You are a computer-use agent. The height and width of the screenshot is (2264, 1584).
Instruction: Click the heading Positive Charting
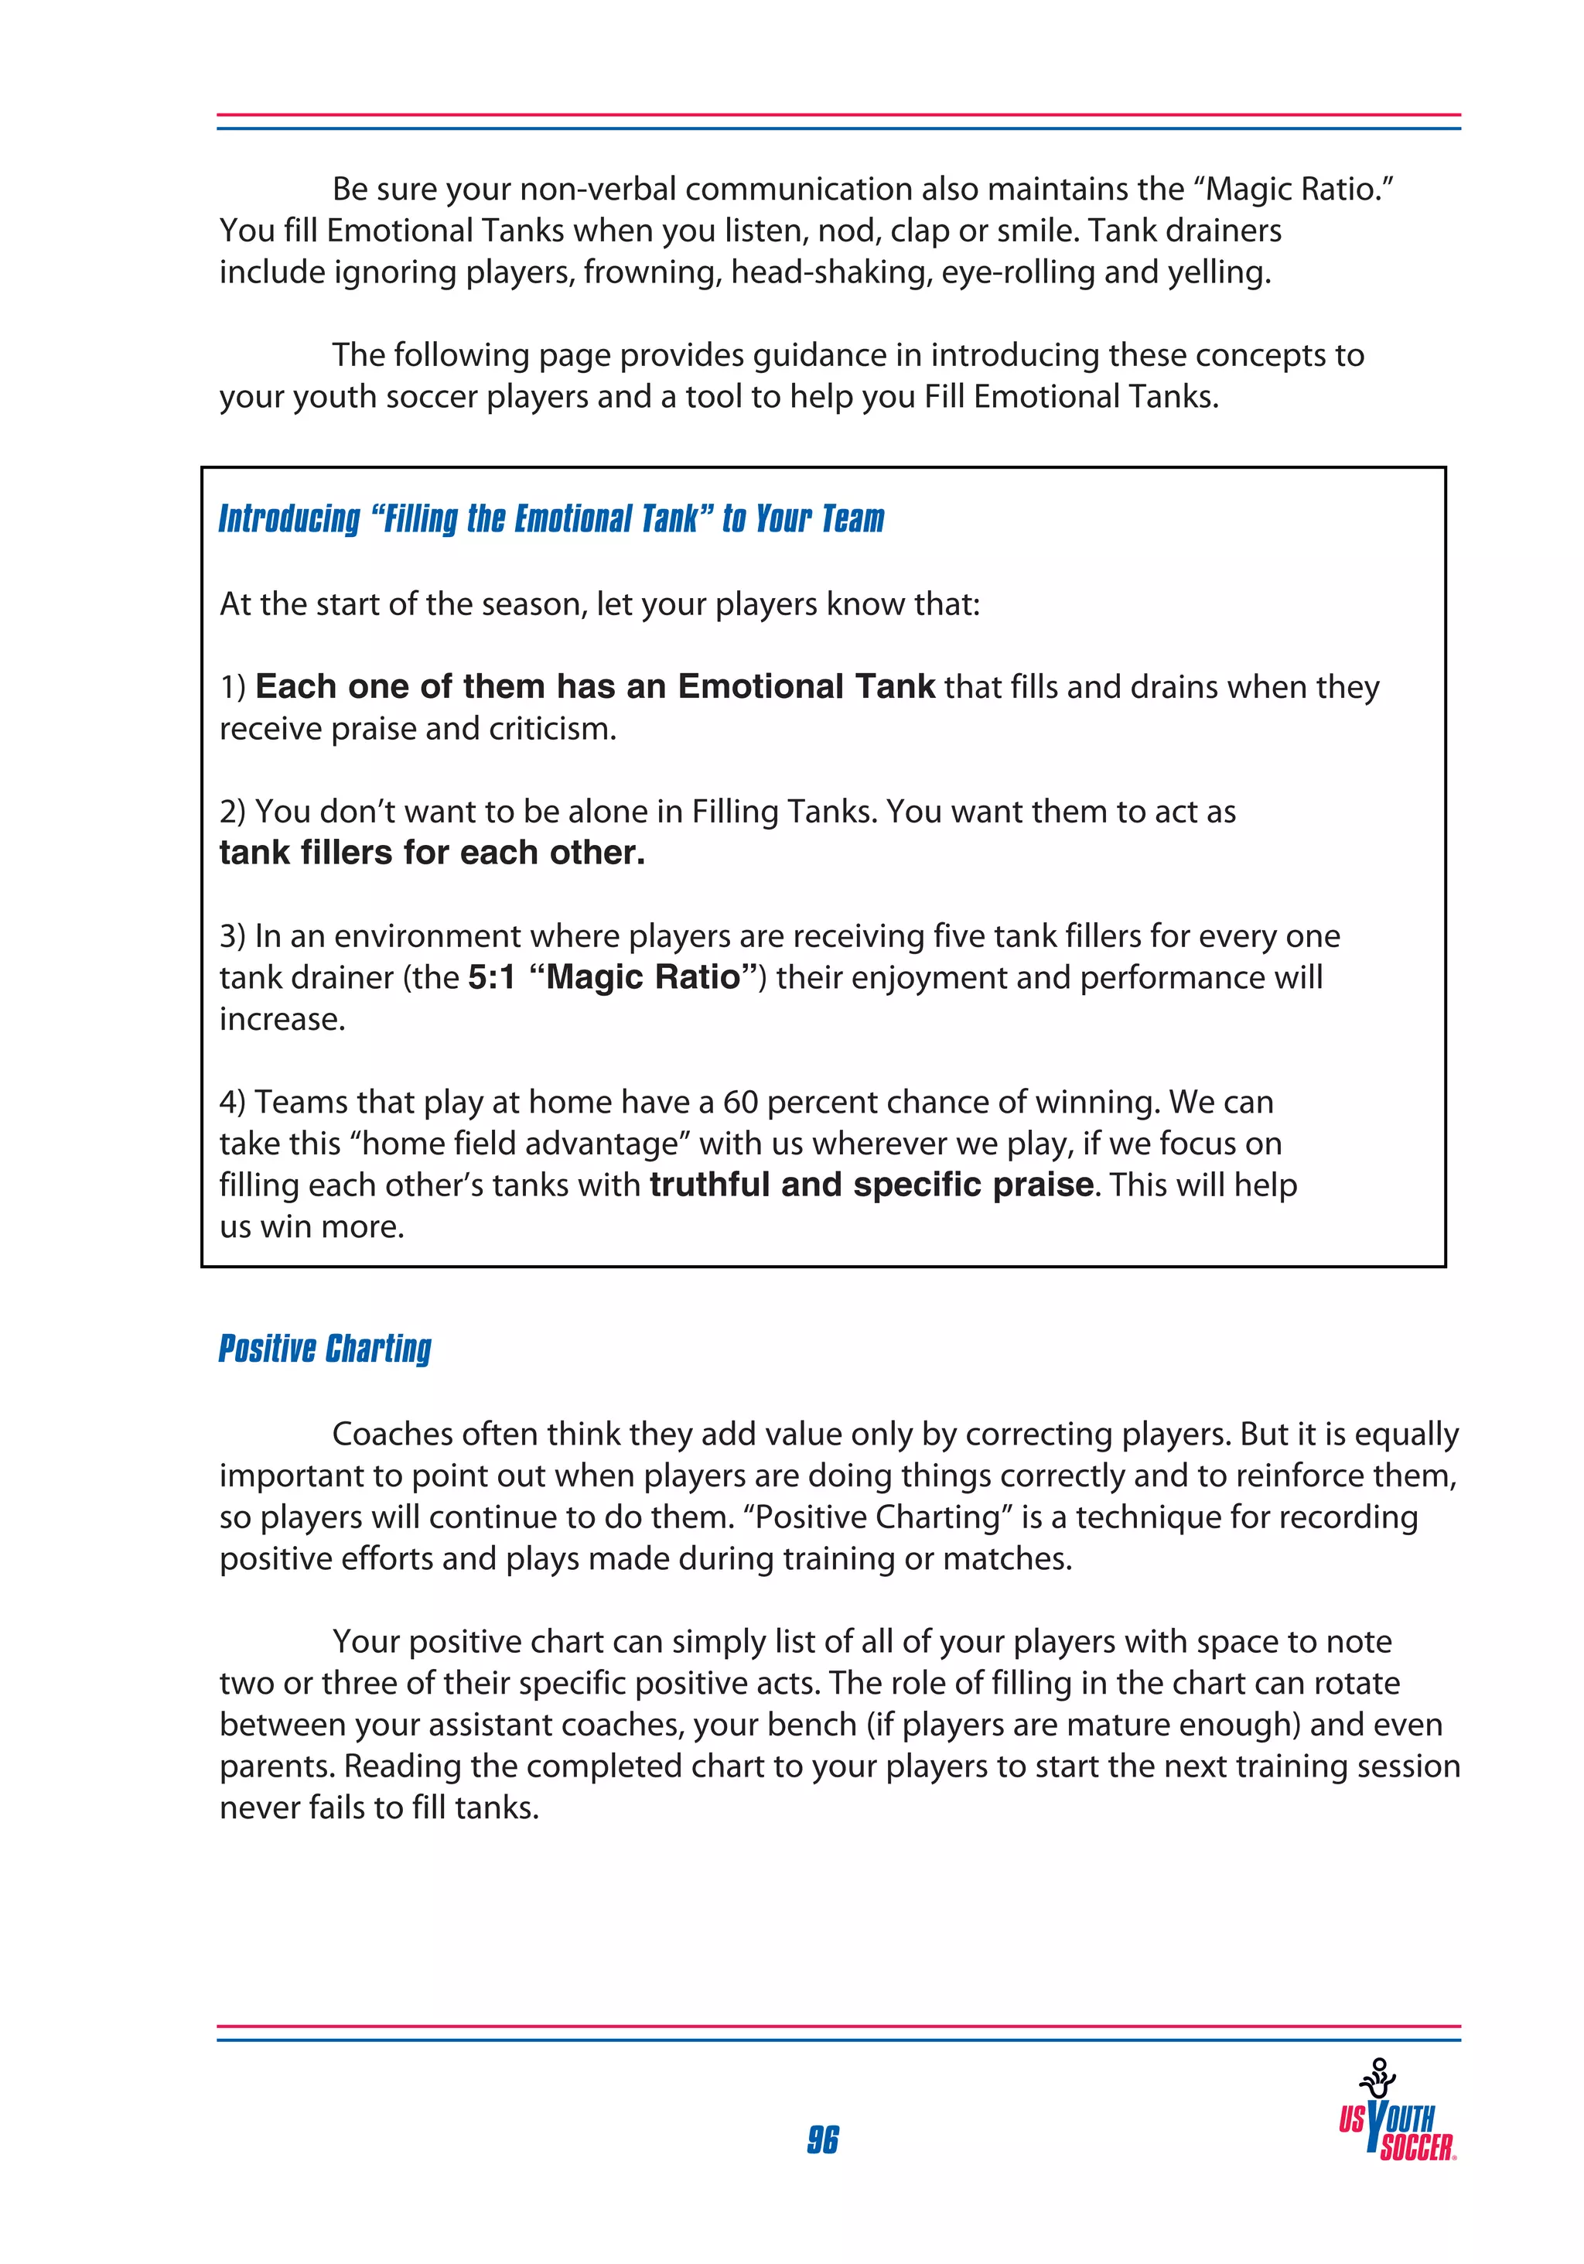tap(326, 1348)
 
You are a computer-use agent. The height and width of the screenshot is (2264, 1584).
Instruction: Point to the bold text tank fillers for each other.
tap(432, 852)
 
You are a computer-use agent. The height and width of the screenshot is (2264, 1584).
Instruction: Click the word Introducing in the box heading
tap(290, 518)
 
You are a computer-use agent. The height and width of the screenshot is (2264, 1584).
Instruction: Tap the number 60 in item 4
tap(740, 1101)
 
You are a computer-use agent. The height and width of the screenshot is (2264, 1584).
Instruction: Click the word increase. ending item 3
tap(282, 1018)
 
